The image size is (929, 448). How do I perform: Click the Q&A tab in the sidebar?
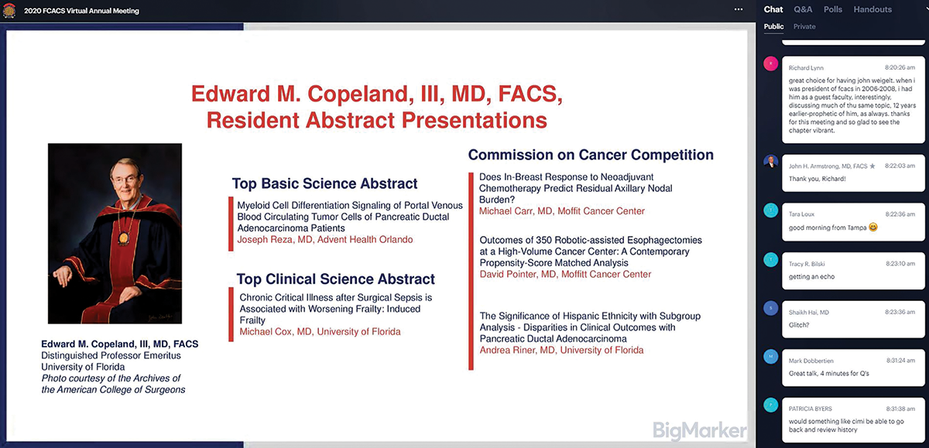[x=803, y=9]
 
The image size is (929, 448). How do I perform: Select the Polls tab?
[x=833, y=9]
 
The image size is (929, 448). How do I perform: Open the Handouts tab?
[x=872, y=9]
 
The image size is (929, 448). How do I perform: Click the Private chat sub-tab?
[x=804, y=26]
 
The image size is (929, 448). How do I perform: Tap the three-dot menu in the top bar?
[x=739, y=9]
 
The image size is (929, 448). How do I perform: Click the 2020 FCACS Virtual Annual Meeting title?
[x=81, y=11]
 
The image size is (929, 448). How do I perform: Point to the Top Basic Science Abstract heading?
[x=324, y=183]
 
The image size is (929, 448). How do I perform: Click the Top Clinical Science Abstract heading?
[x=335, y=279]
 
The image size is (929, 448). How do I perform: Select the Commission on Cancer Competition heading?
[x=591, y=154]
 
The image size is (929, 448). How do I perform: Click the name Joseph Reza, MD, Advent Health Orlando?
[x=325, y=240]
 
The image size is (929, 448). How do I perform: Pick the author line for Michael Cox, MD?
[x=320, y=332]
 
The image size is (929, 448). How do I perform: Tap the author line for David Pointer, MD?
[x=565, y=274]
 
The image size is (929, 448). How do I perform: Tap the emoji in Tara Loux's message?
[x=873, y=227]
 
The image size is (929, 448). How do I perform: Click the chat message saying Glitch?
[x=799, y=325]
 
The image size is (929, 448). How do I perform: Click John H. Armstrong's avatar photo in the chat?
[x=770, y=163]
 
